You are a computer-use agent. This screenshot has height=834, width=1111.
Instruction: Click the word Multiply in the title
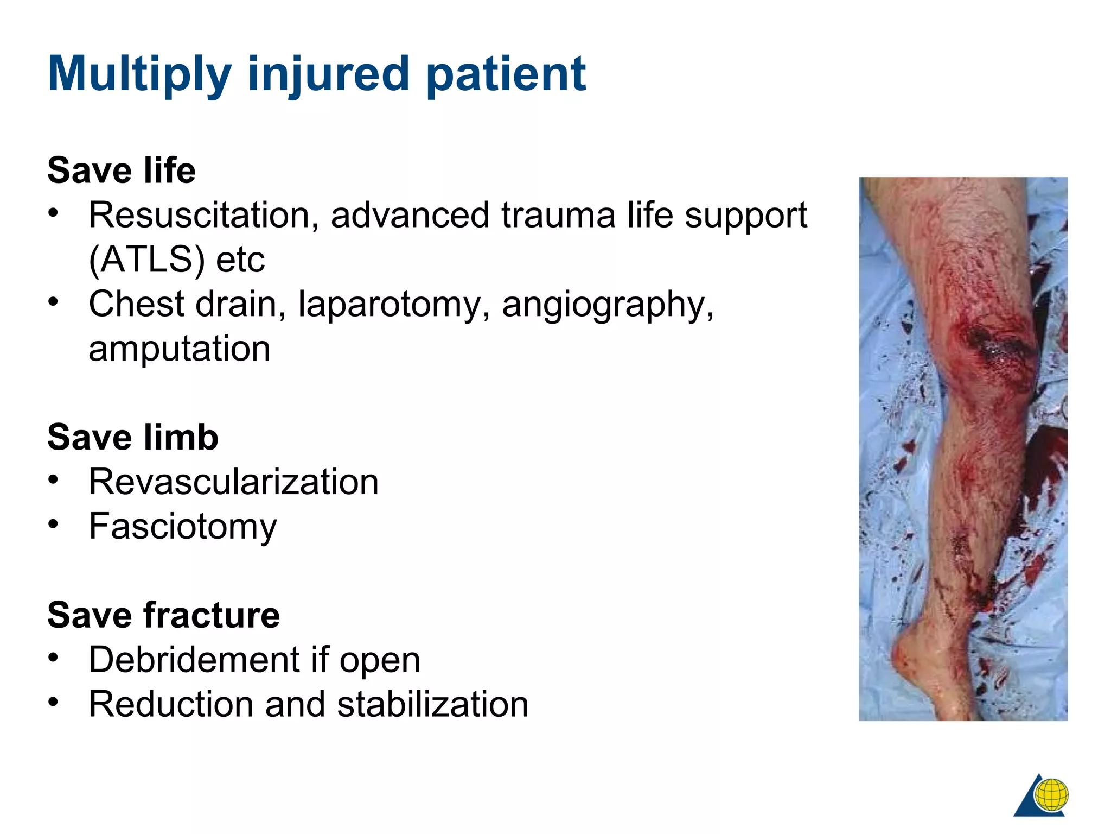tap(139, 74)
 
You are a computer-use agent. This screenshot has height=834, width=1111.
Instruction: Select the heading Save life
tap(122, 170)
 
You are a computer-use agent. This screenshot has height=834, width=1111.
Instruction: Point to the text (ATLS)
tap(146, 260)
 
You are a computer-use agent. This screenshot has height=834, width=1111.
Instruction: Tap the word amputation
tap(179, 349)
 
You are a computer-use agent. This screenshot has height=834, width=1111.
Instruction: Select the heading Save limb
tap(133, 438)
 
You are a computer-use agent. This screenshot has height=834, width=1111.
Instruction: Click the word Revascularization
tap(234, 482)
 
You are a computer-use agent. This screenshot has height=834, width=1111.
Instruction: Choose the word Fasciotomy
tap(183, 527)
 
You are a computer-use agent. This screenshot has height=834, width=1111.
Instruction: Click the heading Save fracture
tap(163, 616)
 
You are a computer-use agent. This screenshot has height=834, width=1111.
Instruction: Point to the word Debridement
tap(194, 660)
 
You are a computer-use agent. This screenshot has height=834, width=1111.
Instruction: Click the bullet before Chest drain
tap(53, 301)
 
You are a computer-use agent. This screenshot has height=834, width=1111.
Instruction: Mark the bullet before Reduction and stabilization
tap(53, 702)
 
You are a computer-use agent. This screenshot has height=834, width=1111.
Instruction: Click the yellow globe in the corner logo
tap(1051, 795)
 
